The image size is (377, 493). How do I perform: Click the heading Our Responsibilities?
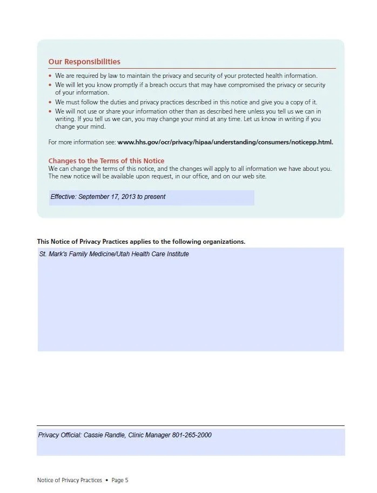point(84,62)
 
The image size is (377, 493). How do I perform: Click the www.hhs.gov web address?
point(225,142)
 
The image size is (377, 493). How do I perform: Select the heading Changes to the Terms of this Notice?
point(106,161)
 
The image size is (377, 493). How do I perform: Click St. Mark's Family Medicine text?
point(75,254)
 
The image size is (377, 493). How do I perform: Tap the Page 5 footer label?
point(120,480)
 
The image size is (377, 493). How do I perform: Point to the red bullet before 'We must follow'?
point(50,102)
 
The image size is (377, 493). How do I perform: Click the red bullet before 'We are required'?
point(50,76)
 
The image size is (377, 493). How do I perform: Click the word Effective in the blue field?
point(63,197)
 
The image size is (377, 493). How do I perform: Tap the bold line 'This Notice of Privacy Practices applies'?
point(141,242)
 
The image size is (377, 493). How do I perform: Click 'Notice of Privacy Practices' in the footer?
point(70,480)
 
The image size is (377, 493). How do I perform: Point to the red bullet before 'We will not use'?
point(50,111)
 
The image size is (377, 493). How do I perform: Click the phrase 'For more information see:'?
point(82,142)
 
